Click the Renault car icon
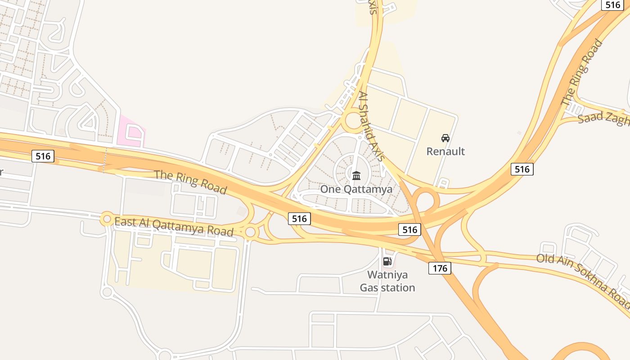445,138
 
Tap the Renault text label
445,151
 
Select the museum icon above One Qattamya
356,175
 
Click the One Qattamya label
356,189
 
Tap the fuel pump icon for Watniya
387,261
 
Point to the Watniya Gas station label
387,281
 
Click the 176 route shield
439,269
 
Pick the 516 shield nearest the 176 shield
409,229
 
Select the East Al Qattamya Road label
174,227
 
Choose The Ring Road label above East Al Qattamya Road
190,181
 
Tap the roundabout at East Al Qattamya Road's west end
107,219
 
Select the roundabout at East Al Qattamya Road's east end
250,232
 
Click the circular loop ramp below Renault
425,200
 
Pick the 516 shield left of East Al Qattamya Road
43,156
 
